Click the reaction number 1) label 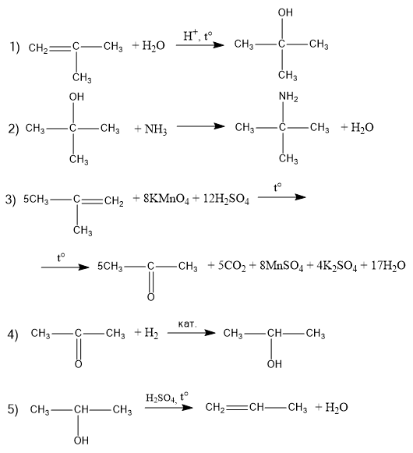(x=15, y=47)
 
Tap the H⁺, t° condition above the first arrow (x=198, y=36)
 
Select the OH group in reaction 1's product (x=285, y=12)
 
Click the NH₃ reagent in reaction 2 (x=156, y=129)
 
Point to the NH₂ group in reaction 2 (x=288, y=97)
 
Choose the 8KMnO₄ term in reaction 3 (x=166, y=199)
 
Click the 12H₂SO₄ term (x=226, y=199)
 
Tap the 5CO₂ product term (x=232, y=266)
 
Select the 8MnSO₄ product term (x=281, y=266)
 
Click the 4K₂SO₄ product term (x=337, y=266)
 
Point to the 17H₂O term (x=388, y=266)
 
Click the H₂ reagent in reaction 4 (x=151, y=333)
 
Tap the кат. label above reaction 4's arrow (x=188, y=324)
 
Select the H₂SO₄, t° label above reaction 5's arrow (x=167, y=398)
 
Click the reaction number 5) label (x=12, y=409)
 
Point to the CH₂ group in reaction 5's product (x=215, y=408)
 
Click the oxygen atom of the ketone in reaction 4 (x=78, y=364)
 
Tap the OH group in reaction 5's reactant (x=81, y=441)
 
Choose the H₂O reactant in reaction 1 (x=154, y=46)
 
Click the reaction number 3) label (x=10, y=200)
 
